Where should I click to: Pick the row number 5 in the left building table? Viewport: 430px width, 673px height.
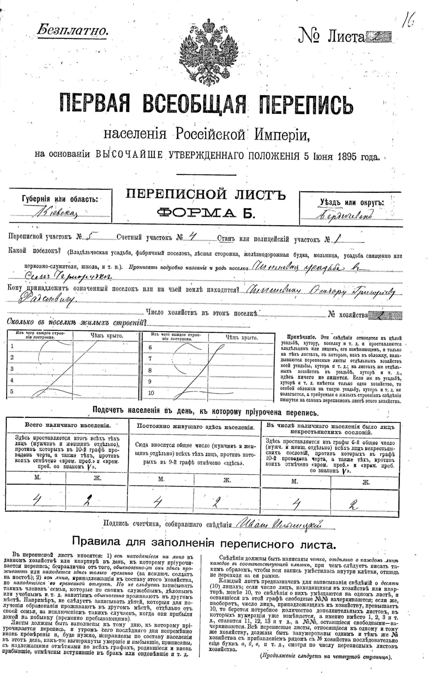[12, 391]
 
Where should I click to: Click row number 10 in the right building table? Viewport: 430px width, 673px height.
[151, 393]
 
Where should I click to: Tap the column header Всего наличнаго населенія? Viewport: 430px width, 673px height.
[68, 425]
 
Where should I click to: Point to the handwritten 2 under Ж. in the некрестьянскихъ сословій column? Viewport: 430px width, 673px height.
[353, 505]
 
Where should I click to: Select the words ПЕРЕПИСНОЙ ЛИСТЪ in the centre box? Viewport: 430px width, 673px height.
[206, 195]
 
